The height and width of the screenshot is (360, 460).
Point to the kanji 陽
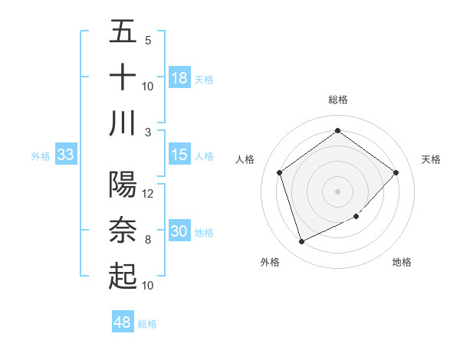(123, 184)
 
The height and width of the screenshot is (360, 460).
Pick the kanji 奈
(123, 230)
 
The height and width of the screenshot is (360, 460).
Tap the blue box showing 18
(179, 77)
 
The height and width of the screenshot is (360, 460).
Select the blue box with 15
(179, 155)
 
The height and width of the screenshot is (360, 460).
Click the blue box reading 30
(179, 231)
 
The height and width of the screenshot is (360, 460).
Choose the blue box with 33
(65, 155)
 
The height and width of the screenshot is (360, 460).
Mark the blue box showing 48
(123, 322)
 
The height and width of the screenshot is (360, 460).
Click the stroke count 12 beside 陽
(148, 193)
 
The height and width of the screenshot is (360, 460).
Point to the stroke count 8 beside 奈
(148, 240)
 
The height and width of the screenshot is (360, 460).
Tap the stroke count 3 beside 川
(148, 132)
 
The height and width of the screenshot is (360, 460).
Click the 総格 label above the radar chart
(337, 100)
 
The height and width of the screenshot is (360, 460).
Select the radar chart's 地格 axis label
(402, 262)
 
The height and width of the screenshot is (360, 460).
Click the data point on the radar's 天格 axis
(396, 172)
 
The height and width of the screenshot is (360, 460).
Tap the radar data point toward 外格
(301, 242)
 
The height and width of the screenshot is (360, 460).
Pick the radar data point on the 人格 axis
(279, 172)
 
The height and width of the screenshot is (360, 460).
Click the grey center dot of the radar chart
(337, 191)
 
